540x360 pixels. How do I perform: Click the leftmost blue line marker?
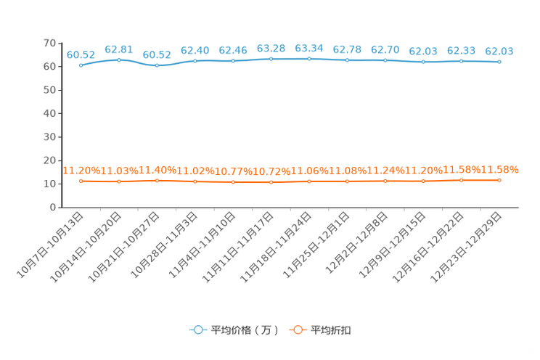pyautogui.click(x=81, y=65)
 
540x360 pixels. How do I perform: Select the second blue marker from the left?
pyautogui.click(x=119, y=60)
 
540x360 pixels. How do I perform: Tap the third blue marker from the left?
pyautogui.click(x=157, y=66)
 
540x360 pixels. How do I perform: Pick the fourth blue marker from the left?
pyautogui.click(x=195, y=61)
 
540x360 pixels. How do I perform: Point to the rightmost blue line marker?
pyautogui.click(x=499, y=62)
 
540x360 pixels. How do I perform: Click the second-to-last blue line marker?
pyautogui.click(x=461, y=62)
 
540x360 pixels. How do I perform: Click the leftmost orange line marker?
pyautogui.click(x=81, y=181)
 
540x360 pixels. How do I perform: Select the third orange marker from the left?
pyautogui.click(x=157, y=181)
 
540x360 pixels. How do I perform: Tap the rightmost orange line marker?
pyautogui.click(x=499, y=180)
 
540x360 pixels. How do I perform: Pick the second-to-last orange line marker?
pyautogui.click(x=461, y=181)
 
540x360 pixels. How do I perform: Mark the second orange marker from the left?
pyautogui.click(x=119, y=181)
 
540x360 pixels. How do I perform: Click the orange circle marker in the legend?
pyautogui.click(x=298, y=330)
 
